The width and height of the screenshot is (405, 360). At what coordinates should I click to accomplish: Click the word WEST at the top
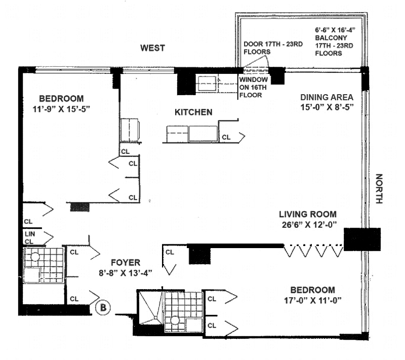point(152,48)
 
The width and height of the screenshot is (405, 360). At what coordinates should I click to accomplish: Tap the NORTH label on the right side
point(379,188)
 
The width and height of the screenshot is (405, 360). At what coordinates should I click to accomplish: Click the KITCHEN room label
point(193,112)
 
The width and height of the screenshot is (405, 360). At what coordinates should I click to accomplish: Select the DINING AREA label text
point(327,97)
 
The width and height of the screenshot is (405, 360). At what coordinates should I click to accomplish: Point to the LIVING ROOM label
point(307,214)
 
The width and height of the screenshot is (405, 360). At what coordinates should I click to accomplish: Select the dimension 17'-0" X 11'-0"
point(312,300)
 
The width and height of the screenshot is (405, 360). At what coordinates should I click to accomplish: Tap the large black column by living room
point(361,238)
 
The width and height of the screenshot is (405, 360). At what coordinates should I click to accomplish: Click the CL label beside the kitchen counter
point(226,137)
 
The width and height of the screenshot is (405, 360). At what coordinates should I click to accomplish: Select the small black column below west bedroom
point(79,207)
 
